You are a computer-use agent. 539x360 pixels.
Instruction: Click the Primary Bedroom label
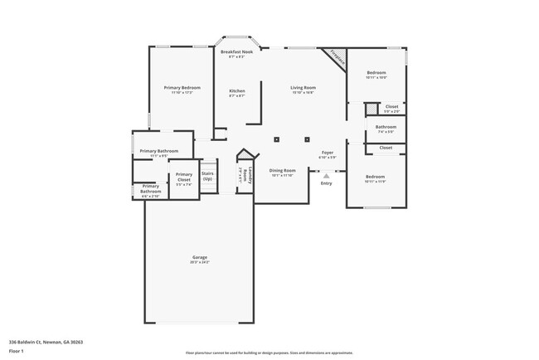[x=182, y=88]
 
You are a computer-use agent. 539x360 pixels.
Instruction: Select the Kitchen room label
[x=237, y=90]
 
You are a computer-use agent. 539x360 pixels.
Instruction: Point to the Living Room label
[x=303, y=88]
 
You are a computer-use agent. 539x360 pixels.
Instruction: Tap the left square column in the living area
[x=277, y=139]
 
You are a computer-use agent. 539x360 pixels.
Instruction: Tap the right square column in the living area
[x=308, y=139]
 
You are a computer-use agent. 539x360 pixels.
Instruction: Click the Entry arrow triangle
[x=327, y=176]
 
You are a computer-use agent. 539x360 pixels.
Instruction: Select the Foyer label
[x=328, y=153]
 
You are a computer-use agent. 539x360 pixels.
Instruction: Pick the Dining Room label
[x=283, y=170]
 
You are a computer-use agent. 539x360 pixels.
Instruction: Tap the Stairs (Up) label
[x=207, y=177]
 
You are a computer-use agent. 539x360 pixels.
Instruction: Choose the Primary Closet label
[x=184, y=177]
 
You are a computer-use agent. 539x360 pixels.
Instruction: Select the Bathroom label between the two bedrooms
[x=386, y=126]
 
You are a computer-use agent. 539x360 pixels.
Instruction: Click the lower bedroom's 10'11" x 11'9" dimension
[x=376, y=182]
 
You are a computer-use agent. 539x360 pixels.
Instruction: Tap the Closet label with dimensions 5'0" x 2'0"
[x=391, y=110]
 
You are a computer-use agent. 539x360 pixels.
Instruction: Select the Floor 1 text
[x=17, y=349]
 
